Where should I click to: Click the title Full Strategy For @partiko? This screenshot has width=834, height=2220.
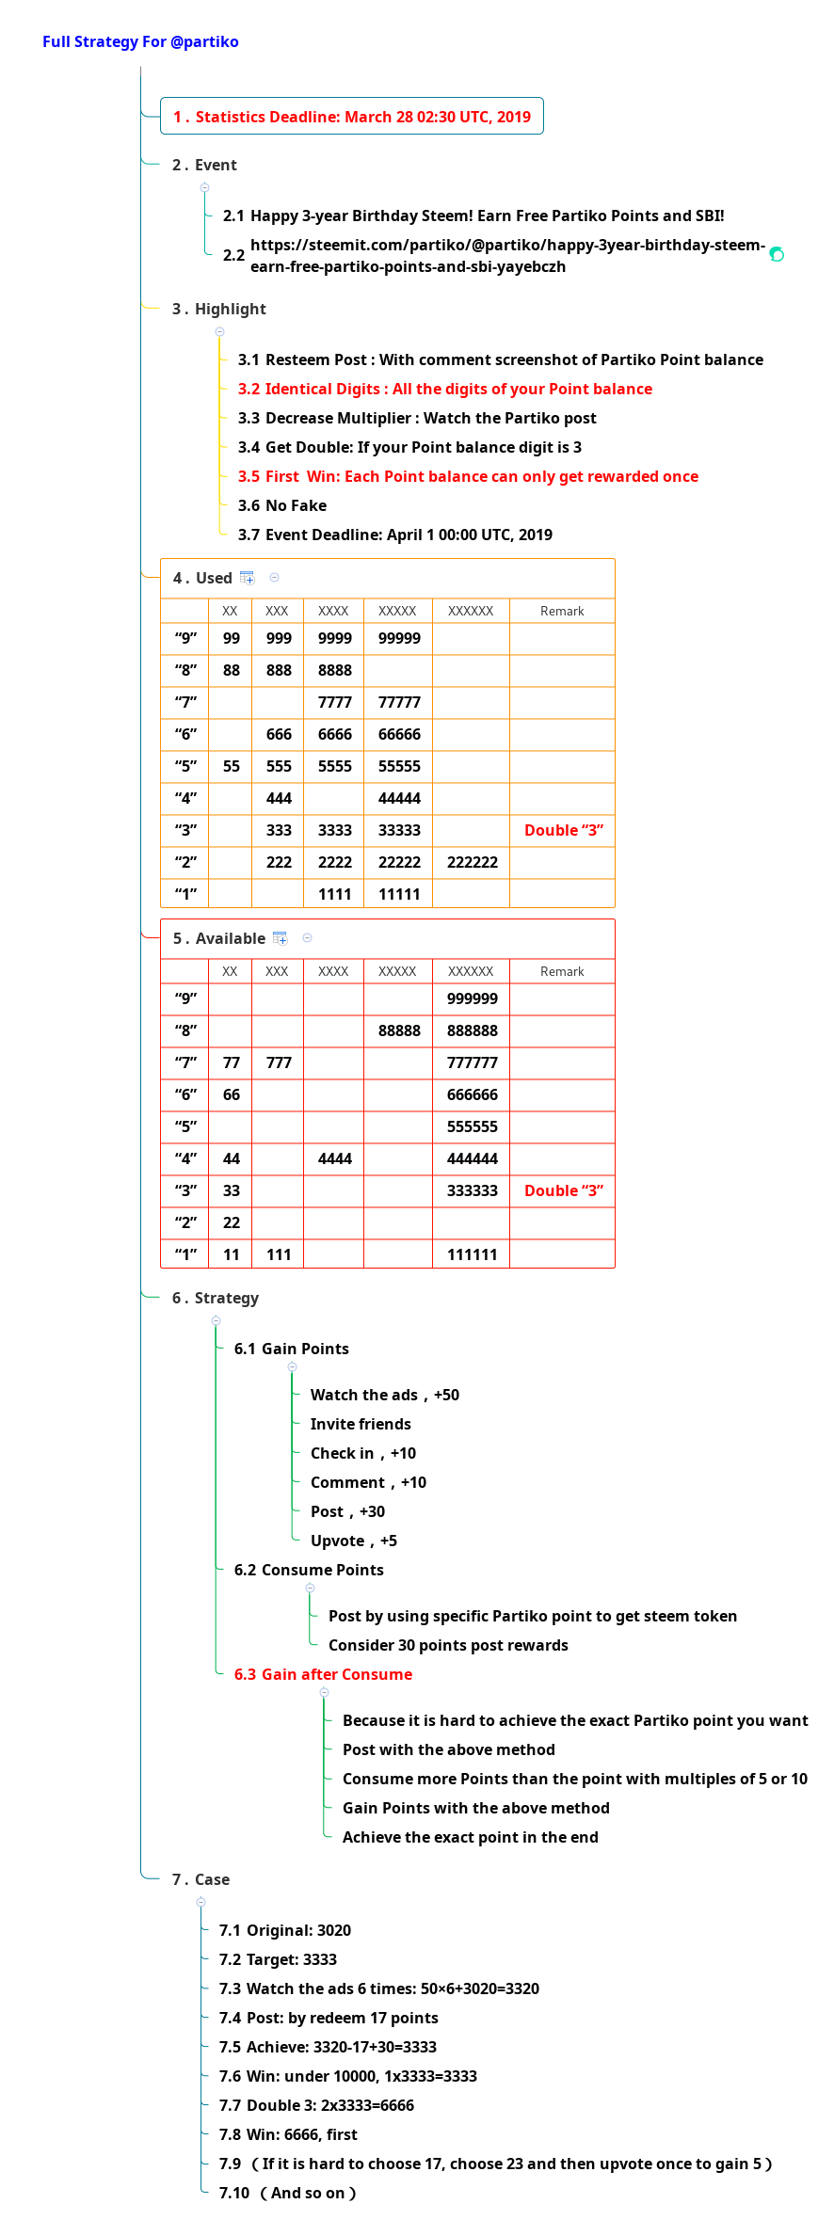coord(140,41)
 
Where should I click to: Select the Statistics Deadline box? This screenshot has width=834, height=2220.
coord(351,117)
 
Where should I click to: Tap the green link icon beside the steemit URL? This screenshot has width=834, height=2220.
coord(777,254)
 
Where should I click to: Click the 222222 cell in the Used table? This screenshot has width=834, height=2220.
coord(472,862)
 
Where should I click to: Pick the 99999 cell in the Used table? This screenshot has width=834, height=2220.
coord(399,638)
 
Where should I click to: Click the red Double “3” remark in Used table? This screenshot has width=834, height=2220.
coord(563,830)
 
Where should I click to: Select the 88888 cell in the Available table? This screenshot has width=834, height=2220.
coord(399,1030)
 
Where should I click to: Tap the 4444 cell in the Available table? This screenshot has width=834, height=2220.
coord(334,1158)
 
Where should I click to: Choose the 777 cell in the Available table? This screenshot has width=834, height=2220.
coord(279,1062)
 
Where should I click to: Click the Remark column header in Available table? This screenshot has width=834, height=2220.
coord(562,971)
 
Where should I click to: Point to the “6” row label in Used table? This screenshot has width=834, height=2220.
coord(185,734)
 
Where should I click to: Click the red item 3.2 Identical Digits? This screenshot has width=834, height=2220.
coord(444,389)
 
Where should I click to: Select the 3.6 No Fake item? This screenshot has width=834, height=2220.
coord(282,505)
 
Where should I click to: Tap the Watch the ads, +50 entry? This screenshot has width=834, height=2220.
coord(384,1395)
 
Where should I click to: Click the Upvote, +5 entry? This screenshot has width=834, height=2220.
coord(353,1541)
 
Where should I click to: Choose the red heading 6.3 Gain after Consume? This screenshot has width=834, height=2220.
coord(323,1674)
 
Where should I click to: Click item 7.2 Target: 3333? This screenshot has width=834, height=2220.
coord(278,1959)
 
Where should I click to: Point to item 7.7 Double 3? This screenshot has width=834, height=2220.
coord(316,2105)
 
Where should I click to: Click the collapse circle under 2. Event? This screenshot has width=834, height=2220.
coord(204,187)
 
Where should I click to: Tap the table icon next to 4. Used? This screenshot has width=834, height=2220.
coord(248,578)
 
